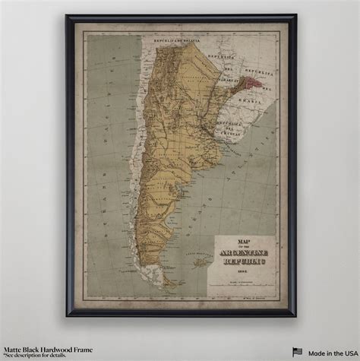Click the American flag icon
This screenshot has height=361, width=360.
click(x=298, y=350)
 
